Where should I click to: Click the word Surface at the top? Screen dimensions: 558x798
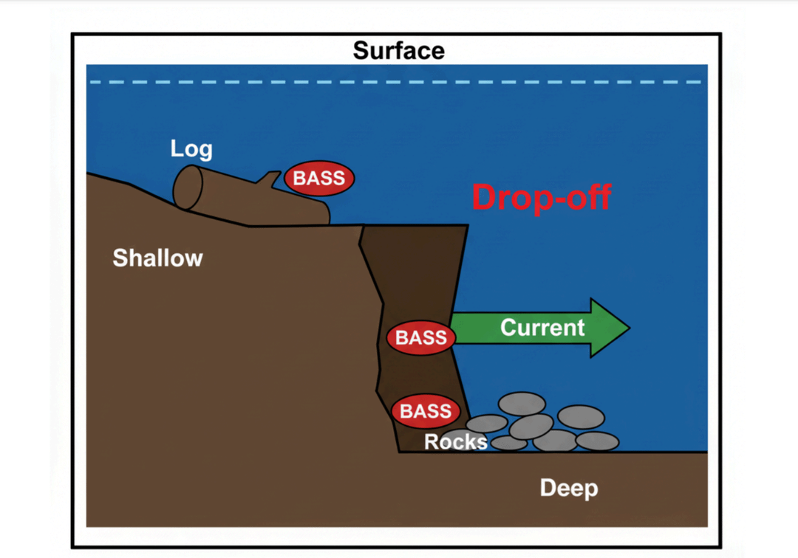398,50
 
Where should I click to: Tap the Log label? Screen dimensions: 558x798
191,148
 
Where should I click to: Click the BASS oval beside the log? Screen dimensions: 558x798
319,179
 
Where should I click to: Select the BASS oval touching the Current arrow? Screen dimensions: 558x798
421,337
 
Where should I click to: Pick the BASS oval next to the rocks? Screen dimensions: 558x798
426,411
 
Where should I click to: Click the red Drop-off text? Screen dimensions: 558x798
542,197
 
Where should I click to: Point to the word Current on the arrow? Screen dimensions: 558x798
542,327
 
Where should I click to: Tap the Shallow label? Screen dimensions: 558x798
157,258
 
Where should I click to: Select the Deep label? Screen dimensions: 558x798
568,488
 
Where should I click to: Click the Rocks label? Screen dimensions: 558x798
455,441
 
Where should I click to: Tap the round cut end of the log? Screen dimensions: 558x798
188,187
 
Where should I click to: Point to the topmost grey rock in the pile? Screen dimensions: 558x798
522,404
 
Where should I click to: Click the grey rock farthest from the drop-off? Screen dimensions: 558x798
597,441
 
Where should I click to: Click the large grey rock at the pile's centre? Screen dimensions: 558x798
531,426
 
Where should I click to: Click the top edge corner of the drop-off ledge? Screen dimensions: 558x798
467,225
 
